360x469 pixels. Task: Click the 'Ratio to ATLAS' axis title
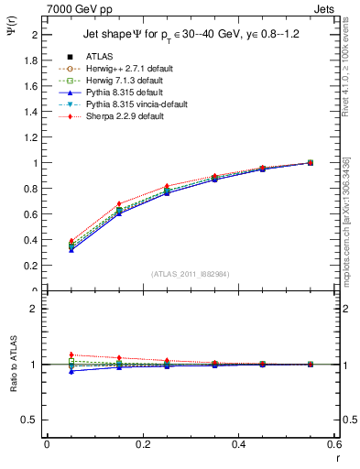click(x=11, y=364)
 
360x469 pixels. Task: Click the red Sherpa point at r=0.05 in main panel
click(x=71, y=241)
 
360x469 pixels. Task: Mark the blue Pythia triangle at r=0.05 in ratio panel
click(x=71, y=371)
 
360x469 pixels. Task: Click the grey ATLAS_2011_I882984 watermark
click(x=190, y=274)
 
